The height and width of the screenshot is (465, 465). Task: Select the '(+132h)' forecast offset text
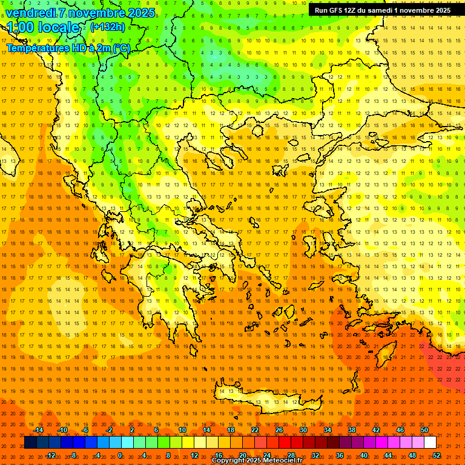click(x=108, y=27)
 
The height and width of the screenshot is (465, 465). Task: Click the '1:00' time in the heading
click(x=20, y=27)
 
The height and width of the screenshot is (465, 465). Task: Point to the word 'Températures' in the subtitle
click(x=36, y=48)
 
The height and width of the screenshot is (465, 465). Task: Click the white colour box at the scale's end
click(x=430, y=443)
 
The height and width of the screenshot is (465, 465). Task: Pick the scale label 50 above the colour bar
click(x=424, y=430)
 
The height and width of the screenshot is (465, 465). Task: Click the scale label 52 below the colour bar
click(x=437, y=455)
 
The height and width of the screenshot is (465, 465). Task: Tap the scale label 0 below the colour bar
click(x=120, y=455)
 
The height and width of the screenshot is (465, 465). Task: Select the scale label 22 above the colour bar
click(x=255, y=430)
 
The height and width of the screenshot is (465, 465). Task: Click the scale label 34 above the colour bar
click(x=328, y=430)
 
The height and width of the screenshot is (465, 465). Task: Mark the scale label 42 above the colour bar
click(x=376, y=430)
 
